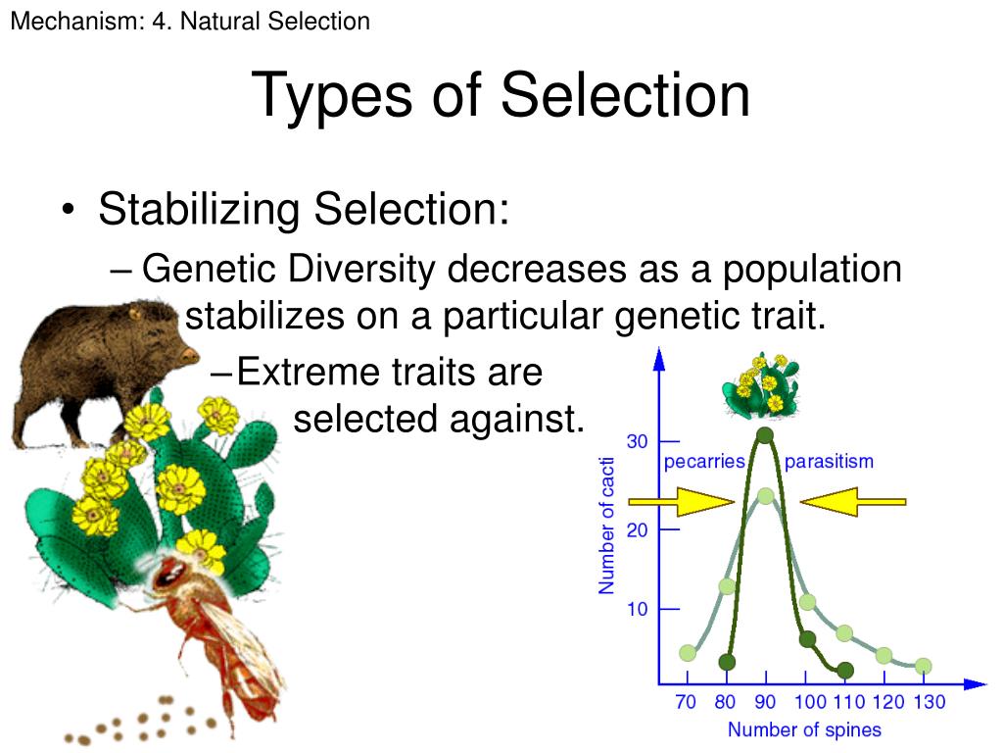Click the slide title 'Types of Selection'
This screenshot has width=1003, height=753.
(501, 96)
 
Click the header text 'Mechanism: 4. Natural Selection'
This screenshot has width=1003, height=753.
(190, 21)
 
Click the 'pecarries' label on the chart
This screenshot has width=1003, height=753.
(705, 461)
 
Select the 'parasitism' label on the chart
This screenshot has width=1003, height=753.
(829, 461)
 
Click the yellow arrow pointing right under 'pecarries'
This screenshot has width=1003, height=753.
(682, 502)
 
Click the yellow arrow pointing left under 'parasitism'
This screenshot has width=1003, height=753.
(852, 502)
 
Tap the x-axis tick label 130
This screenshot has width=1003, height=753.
(929, 702)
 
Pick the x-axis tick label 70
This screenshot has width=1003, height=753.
(688, 702)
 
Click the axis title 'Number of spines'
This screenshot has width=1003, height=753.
(804, 730)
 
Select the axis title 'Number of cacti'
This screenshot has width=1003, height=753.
(607, 526)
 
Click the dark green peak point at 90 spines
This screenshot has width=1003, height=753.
(765, 435)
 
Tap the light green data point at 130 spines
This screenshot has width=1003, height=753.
(923, 666)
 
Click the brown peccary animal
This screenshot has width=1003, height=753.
(98, 363)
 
